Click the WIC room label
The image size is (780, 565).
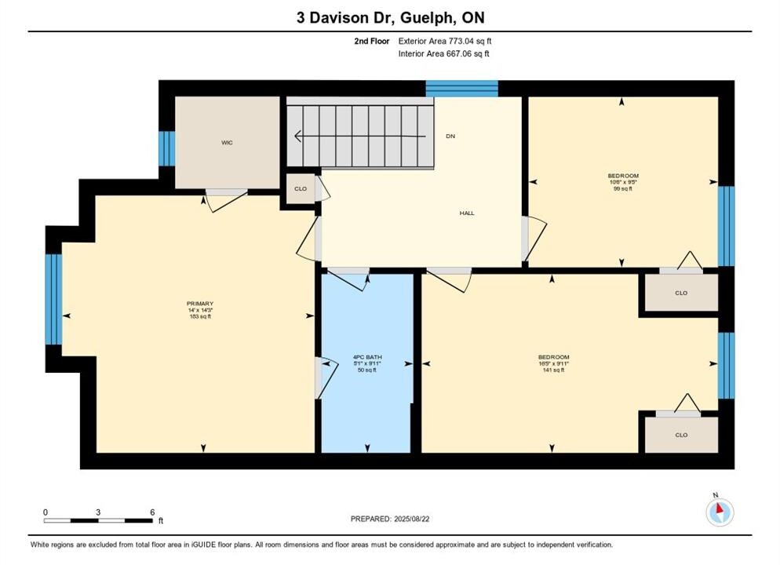coord(227,143)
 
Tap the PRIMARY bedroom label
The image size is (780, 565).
coord(200,304)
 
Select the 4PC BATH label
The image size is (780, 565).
coord(367,357)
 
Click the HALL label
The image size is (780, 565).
coord(467,213)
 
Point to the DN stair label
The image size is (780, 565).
coord(450,136)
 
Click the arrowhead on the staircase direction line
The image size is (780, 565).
coord(298,136)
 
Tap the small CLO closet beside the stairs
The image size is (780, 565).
coord(301,188)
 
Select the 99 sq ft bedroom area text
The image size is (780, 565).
coord(623,188)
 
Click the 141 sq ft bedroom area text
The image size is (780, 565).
coord(553,370)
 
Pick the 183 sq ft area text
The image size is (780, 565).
coord(200,316)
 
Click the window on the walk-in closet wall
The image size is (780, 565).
coord(166,148)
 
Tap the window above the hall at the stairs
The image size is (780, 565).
coord(461,88)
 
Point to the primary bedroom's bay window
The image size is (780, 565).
coord(53,300)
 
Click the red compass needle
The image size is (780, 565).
coord(719,508)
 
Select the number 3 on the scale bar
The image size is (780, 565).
coord(98,512)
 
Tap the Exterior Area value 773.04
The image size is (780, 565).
coord(460,42)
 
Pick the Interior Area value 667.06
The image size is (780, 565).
coord(457,53)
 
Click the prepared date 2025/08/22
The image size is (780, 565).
coord(411,519)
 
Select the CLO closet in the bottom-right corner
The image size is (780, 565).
coord(681,435)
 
